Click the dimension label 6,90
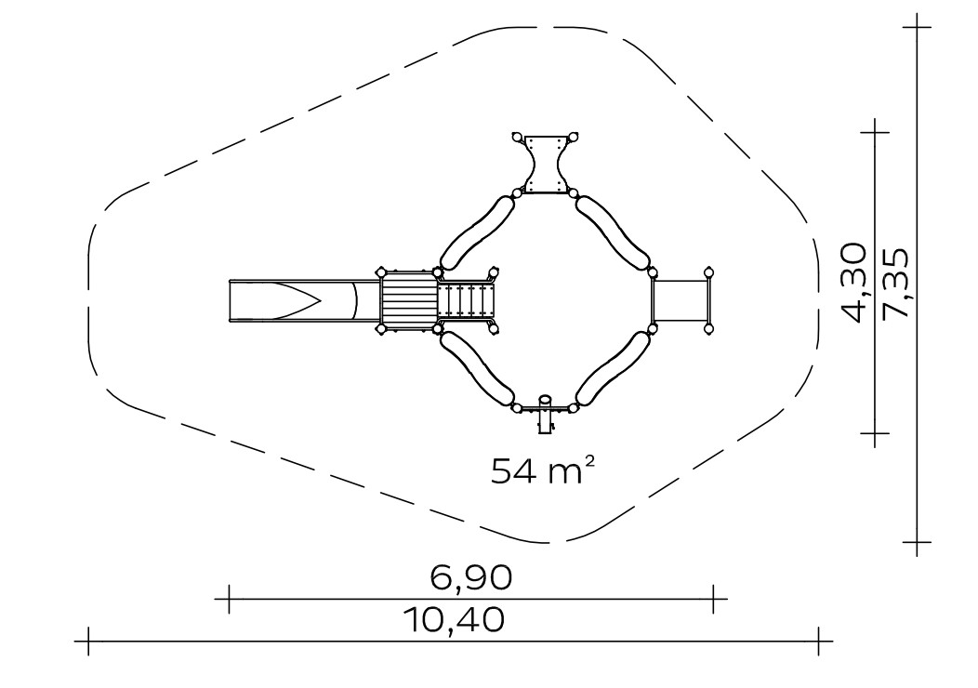pyautogui.click(x=471, y=577)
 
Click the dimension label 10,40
pyautogui.click(x=454, y=620)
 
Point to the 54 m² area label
pyautogui.click(x=542, y=470)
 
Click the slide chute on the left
pyautogui.click(x=304, y=301)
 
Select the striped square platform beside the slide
pyautogui.click(x=409, y=300)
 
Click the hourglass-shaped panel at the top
pyautogui.click(x=545, y=165)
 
